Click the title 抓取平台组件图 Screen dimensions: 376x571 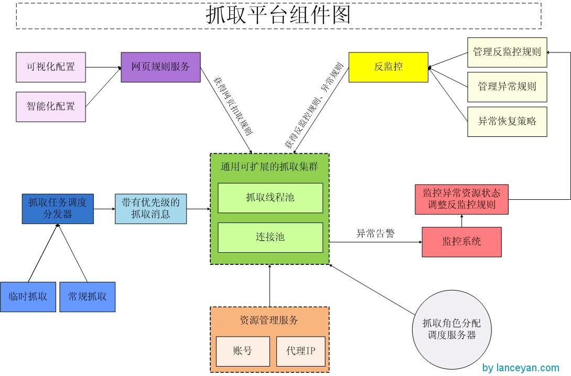278,15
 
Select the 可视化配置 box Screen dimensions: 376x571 51,67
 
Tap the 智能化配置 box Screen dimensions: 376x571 51,106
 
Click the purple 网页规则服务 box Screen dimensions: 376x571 160,67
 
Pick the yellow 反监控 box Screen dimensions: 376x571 388,67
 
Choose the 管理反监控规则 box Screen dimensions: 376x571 507,52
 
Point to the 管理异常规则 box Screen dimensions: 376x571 507,87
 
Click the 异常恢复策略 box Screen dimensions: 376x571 507,122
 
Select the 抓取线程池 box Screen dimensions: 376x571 270,198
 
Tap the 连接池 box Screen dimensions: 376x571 270,238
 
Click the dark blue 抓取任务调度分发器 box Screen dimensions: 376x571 58,209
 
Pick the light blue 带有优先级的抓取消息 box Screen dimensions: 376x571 150,209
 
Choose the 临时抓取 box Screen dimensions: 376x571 28,297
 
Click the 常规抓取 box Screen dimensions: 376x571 87,297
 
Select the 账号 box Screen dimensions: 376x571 243,351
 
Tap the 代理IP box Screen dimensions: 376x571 300,351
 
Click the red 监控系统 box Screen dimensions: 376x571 461,242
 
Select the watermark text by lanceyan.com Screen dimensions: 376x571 520,368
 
